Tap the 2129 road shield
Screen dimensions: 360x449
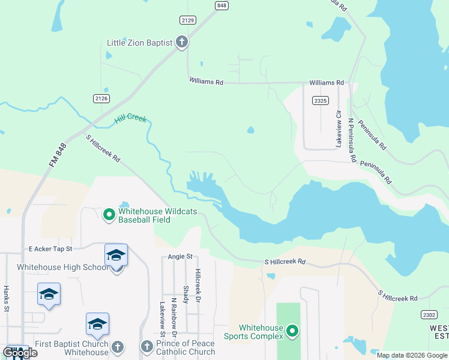click(188, 20)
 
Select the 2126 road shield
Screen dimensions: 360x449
click(101, 98)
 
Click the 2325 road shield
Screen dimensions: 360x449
click(320, 101)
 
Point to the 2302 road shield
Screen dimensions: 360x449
click(427, 314)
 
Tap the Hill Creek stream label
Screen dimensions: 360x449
click(130, 120)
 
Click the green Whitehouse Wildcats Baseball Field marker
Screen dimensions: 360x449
click(109, 214)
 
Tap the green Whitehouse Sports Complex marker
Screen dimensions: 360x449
click(292, 331)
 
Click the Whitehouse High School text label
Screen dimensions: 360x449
click(62, 267)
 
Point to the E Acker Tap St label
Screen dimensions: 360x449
click(50, 248)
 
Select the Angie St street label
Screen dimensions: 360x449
click(180, 256)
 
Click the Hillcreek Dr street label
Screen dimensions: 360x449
click(197, 285)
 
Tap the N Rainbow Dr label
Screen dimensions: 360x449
click(173, 316)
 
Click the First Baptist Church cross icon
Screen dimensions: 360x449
click(118, 347)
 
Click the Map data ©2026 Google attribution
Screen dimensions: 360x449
click(412, 355)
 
